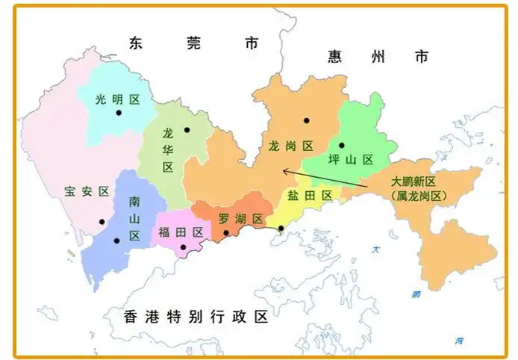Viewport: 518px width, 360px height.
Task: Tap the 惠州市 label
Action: (x=378, y=56)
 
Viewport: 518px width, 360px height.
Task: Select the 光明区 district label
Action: (x=118, y=99)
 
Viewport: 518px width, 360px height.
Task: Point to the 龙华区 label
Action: (x=168, y=150)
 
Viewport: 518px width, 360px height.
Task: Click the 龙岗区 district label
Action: (x=290, y=146)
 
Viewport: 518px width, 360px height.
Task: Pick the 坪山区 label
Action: (x=350, y=160)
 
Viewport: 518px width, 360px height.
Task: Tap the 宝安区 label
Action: (x=87, y=191)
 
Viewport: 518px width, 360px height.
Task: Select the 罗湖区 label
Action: (x=240, y=219)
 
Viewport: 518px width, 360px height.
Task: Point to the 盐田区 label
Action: (x=309, y=196)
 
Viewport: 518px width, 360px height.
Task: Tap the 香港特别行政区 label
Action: (x=196, y=317)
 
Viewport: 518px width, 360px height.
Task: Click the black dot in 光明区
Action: (x=119, y=113)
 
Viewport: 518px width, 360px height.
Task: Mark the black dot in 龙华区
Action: (x=187, y=130)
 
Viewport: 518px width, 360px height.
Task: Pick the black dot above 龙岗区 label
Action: (x=306, y=120)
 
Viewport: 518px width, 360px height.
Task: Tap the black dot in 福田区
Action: (x=183, y=247)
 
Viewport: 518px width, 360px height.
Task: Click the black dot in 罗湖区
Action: (x=225, y=233)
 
